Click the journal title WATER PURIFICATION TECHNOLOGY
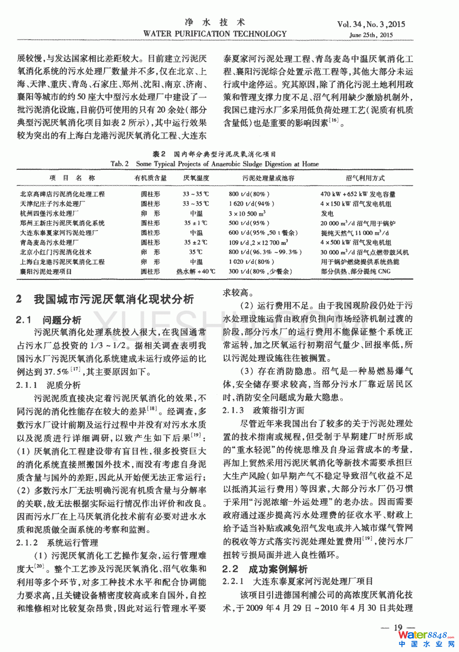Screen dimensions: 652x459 point(215,34)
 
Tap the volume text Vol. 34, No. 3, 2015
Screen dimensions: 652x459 point(371,25)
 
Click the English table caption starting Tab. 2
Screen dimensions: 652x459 point(214,164)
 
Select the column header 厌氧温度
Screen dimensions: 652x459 point(196,178)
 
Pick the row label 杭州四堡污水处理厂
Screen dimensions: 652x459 point(49,213)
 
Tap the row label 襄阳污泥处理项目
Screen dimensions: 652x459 point(46,271)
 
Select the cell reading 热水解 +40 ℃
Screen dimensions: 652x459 point(196,271)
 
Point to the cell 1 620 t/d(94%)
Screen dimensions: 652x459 point(251,204)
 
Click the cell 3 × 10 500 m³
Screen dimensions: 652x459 point(247,214)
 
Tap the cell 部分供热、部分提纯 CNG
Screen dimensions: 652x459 point(356,271)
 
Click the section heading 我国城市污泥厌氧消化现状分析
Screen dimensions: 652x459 point(114,299)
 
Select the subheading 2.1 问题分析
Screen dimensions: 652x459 point(49,320)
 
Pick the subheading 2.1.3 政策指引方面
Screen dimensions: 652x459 point(264,410)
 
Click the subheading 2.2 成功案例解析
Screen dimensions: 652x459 point(265,569)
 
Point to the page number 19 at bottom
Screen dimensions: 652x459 point(398,627)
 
